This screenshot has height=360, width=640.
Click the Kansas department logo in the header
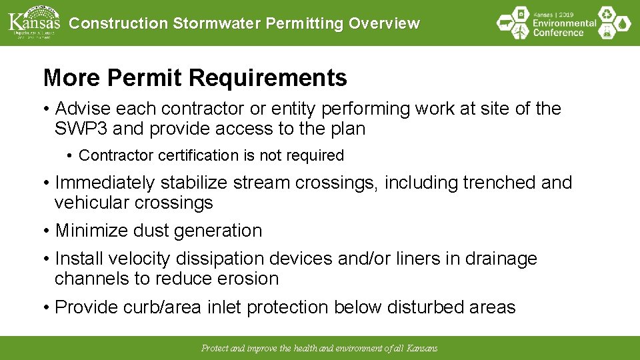coord(33,22)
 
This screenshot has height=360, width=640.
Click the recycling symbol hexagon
coord(606,14)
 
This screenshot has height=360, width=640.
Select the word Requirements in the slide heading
coord(267,78)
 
